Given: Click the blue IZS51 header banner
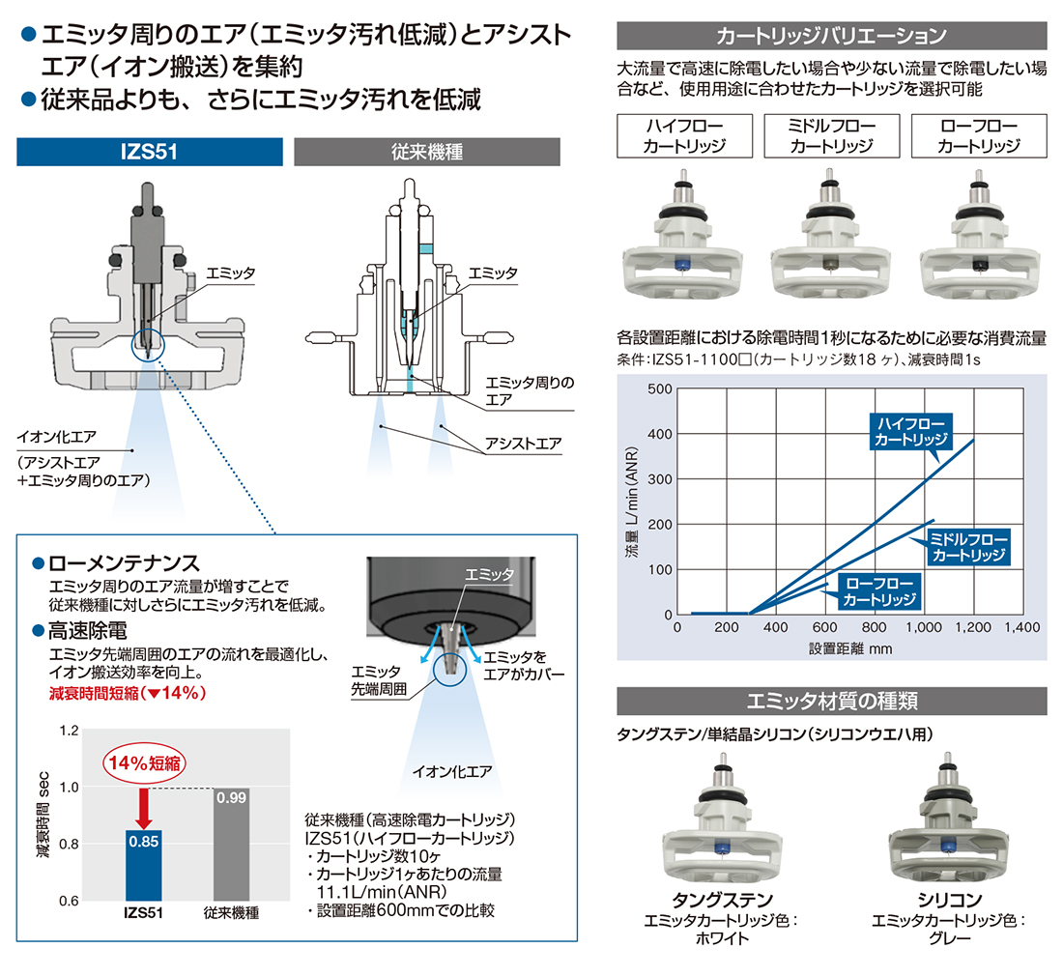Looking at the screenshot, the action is coord(149,152).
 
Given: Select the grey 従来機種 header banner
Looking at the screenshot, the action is coord(427,152).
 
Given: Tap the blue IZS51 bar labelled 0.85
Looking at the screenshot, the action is coord(144,866).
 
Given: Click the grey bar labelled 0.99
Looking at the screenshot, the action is coord(231,844).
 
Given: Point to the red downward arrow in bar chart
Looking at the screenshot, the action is coord(144,808).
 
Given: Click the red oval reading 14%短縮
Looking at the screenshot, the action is coord(144,763).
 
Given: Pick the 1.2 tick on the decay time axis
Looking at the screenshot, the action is coord(70,731).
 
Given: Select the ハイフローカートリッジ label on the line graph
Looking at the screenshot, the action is coord(911,432).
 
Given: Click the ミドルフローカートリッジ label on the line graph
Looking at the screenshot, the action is coord(968,547).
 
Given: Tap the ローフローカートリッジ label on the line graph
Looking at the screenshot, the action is coord(879,591).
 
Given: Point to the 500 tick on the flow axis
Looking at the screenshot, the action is coord(660,389).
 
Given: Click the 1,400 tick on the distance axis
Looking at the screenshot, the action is coord(1022,628).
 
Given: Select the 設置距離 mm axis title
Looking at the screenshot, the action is coord(850,648).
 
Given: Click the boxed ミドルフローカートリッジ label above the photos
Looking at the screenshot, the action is coord(832,136).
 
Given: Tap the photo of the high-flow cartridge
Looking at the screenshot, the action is coord(682,235).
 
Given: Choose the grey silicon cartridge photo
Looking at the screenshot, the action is coord(948,819).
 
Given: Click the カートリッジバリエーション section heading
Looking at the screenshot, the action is coord(832,36).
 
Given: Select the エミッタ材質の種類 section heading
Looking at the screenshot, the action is coord(832,701).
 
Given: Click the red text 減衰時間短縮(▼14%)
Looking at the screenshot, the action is coord(128,693).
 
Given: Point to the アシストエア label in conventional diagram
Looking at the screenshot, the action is coord(523,445).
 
